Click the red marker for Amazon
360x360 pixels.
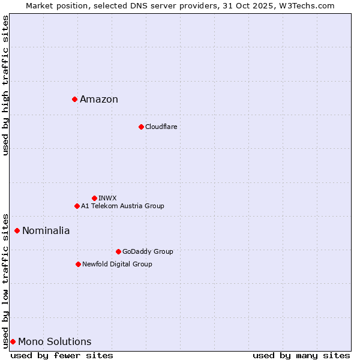[74, 99]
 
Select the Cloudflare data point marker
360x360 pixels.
[141, 127]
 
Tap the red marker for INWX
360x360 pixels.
[94, 198]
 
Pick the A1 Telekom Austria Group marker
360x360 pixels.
[77, 206]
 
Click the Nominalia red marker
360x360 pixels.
[17, 230]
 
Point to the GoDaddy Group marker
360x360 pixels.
[118, 251]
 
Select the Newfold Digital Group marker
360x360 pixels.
[78, 264]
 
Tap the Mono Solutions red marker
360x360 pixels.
[13, 341]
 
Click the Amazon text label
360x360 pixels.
[99, 100]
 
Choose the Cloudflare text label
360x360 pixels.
[161, 127]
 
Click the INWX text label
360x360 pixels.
[107, 198]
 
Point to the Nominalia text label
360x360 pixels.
[46, 231]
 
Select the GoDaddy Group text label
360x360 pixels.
[148, 251]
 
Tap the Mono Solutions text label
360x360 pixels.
[55, 342]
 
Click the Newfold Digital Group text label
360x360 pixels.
[117, 264]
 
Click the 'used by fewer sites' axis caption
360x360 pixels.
[62, 355]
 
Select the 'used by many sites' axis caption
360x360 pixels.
[301, 355]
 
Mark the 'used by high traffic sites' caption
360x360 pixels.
[6, 85]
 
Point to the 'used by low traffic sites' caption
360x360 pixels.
[6, 281]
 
